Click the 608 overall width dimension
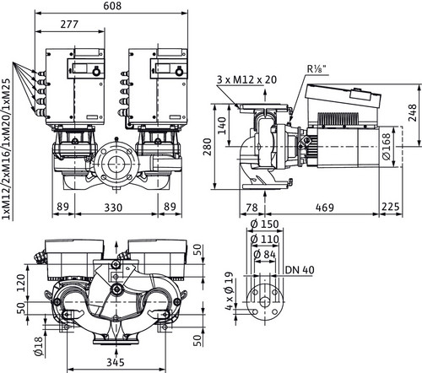coord(112,6)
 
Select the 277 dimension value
coord(69,24)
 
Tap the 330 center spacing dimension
coord(113,208)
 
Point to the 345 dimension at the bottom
coord(116,362)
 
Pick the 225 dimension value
coord(391,207)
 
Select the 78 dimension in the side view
coord(252,208)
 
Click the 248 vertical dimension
coord(413,112)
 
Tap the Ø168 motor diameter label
coord(387,146)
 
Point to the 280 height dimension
coord(207,147)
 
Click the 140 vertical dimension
coord(222,126)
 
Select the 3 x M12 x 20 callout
coord(246,79)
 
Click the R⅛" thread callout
coord(317,69)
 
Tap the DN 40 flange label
coord(300,270)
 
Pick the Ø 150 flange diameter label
coord(264,224)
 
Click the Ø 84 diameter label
coord(264,254)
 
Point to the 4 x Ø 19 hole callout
coord(230,291)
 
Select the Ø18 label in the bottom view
coord(39,346)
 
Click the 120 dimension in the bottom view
coord(21,283)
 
